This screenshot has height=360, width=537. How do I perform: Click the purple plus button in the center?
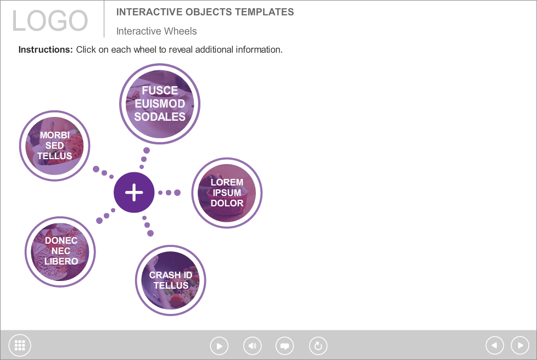pos(134,192)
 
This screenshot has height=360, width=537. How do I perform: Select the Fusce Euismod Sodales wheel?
pos(160,104)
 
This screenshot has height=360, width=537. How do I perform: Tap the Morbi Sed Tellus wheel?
pos(54,145)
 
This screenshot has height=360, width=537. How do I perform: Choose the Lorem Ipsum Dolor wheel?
pos(227,193)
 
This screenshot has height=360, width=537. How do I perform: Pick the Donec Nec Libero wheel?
pos(60,251)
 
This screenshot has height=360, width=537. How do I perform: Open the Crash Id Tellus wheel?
pos(171,280)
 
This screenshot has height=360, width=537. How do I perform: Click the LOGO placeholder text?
pos(50,20)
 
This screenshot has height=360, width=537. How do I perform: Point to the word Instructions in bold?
pos(46,49)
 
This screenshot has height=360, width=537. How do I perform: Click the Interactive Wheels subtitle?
pos(156,31)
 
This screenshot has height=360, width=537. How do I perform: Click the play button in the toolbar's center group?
pos(219,346)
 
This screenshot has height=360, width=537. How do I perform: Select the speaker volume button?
pos(253,346)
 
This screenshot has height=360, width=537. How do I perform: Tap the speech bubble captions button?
pos(284,346)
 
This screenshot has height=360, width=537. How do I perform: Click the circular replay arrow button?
pos(318,346)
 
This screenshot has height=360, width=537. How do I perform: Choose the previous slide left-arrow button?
pos(495,345)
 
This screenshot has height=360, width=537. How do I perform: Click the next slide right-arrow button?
pos(520,345)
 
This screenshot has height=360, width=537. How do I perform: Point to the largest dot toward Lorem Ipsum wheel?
pos(177,193)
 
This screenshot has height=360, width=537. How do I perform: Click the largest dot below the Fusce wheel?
pos(147,150)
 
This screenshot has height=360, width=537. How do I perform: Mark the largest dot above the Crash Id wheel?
pos(150,233)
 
